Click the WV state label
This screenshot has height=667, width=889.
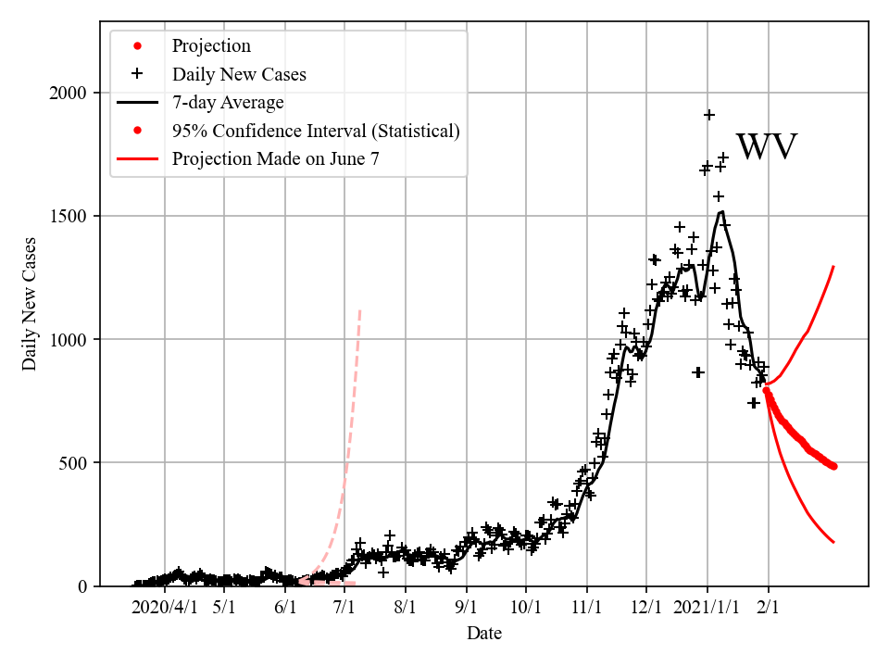pyautogui.click(x=766, y=148)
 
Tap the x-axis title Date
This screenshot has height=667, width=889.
pyautogui.click(x=484, y=634)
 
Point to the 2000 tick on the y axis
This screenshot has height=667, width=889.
pyautogui.click(x=69, y=93)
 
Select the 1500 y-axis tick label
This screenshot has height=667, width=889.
pyautogui.click(x=69, y=216)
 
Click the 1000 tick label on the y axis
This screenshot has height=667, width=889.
pyautogui.click(x=69, y=339)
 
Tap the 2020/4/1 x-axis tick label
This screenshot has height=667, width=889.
pyautogui.click(x=165, y=608)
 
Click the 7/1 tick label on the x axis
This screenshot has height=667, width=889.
pyautogui.click(x=344, y=608)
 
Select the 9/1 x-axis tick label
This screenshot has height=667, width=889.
pyautogui.click(x=466, y=608)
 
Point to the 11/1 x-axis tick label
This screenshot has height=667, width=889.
pyautogui.click(x=586, y=608)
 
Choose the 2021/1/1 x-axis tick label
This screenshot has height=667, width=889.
pyautogui.click(x=707, y=608)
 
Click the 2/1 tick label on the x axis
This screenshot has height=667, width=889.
pyautogui.click(x=768, y=608)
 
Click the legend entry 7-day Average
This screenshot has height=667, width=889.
pyautogui.click(x=228, y=102)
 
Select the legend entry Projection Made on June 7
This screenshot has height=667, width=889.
pyautogui.click(x=275, y=158)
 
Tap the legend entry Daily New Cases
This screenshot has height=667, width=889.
pyautogui.click(x=239, y=74)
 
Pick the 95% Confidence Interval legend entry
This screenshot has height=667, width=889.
pyautogui.click(x=316, y=131)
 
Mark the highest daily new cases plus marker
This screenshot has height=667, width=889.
pyautogui.click(x=709, y=115)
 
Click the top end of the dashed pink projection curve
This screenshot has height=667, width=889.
pyautogui.click(x=359, y=309)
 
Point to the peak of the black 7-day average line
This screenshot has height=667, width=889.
pyautogui.click(x=722, y=211)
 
